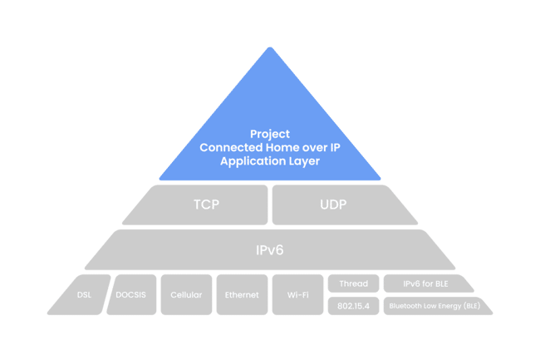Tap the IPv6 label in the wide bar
point(270,250)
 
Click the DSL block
point(81,294)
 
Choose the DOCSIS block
point(131,294)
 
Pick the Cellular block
point(186,294)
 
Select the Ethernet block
point(242,294)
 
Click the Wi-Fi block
point(298,294)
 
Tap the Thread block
point(353,284)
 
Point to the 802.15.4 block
point(353,306)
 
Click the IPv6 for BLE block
point(427,284)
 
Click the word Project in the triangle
point(270,134)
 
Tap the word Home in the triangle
point(282,147)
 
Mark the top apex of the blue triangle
point(270,47)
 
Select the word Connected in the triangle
point(231,147)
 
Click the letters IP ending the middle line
point(335,147)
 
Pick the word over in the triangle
point(314,148)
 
